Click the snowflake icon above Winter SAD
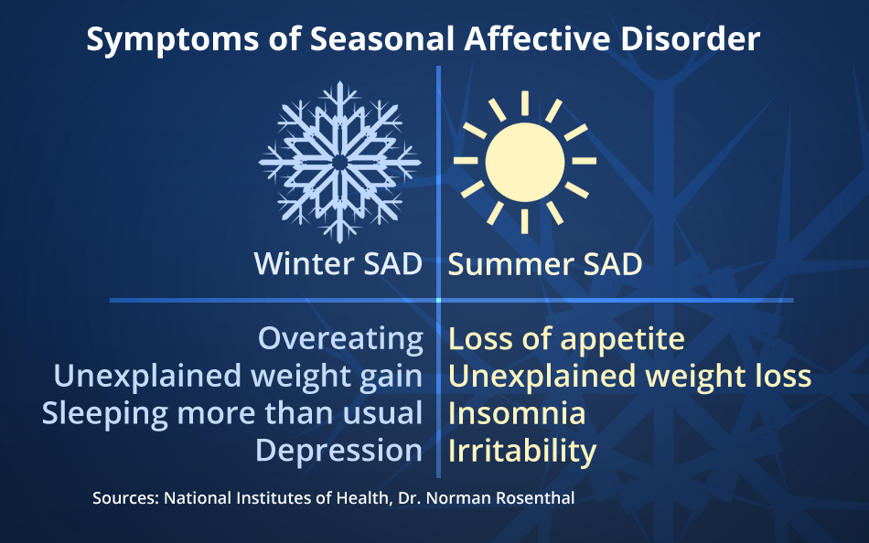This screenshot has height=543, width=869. point(339,162)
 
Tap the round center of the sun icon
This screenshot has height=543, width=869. point(524,161)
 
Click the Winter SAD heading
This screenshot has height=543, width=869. point(338,265)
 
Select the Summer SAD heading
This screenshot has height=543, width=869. point(544,265)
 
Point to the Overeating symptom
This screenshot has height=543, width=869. point(340,339)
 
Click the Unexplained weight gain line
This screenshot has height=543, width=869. point(238,377)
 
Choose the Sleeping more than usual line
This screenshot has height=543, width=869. point(232,413)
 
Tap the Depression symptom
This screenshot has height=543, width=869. point(338,451)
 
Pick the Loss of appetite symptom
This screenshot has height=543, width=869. point(566,339)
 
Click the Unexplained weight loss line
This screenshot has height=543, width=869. point(629,377)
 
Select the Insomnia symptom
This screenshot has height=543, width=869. point(516,413)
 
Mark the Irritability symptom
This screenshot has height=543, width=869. point(521,451)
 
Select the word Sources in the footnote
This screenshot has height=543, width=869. point(123,499)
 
